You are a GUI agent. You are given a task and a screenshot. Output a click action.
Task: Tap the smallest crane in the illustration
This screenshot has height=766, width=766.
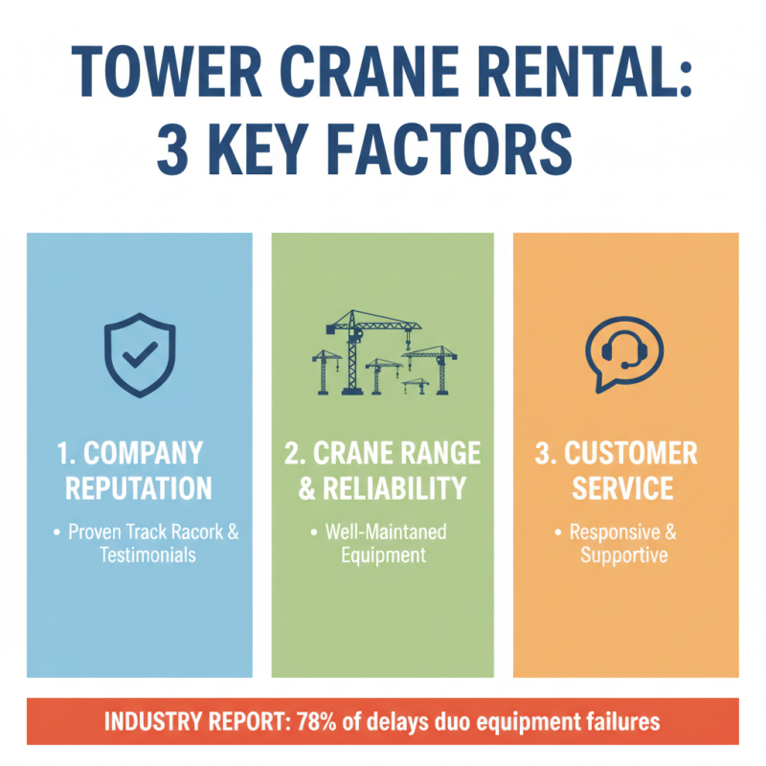pyautogui.click(x=416, y=385)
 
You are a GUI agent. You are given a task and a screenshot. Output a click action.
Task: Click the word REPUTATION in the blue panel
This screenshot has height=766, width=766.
pyautogui.click(x=140, y=487)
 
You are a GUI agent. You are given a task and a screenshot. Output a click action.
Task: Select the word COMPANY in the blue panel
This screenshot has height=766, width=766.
pyautogui.click(x=149, y=452)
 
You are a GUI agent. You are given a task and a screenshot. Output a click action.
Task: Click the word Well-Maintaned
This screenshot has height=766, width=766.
pyautogui.click(x=386, y=531)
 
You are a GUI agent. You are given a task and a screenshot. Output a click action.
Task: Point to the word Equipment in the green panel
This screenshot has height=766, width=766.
pyautogui.click(x=382, y=554)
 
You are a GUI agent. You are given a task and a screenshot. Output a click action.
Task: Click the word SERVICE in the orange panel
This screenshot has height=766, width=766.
pyautogui.click(x=624, y=487)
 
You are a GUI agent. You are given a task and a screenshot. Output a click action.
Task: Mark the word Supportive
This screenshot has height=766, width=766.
pyautogui.click(x=624, y=554)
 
